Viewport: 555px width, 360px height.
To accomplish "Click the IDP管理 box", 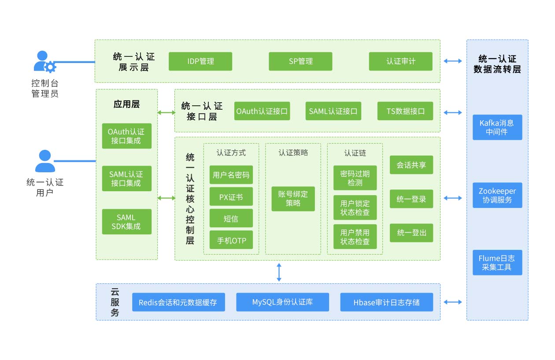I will [200, 62].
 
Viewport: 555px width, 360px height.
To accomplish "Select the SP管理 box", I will [300, 62].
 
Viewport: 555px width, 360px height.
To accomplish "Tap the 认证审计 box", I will [400, 62].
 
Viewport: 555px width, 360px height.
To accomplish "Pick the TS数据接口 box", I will [405, 111].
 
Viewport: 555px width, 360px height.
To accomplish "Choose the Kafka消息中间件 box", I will [497, 127].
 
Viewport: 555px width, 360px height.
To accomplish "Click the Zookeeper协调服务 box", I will [497, 196].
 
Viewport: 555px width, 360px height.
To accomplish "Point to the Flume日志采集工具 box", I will [497, 263].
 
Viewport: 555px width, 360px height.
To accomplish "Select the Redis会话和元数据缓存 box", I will [178, 302].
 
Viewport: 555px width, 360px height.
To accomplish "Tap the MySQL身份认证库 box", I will [282, 302].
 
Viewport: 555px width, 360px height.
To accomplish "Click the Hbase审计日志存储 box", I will [386, 302].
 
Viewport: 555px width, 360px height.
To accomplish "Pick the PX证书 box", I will [231, 197].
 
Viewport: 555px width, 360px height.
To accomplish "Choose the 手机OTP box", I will [231, 240].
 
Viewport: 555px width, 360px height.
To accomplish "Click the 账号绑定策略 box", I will [293, 199].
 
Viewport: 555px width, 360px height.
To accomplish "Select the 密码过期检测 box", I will [355, 178].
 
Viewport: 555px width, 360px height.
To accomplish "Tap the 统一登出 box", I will [411, 233].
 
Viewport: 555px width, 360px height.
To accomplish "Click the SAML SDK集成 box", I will [126, 222].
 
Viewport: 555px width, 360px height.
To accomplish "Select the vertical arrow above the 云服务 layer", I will [279, 272].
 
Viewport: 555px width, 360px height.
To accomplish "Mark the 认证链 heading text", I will [355, 153].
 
